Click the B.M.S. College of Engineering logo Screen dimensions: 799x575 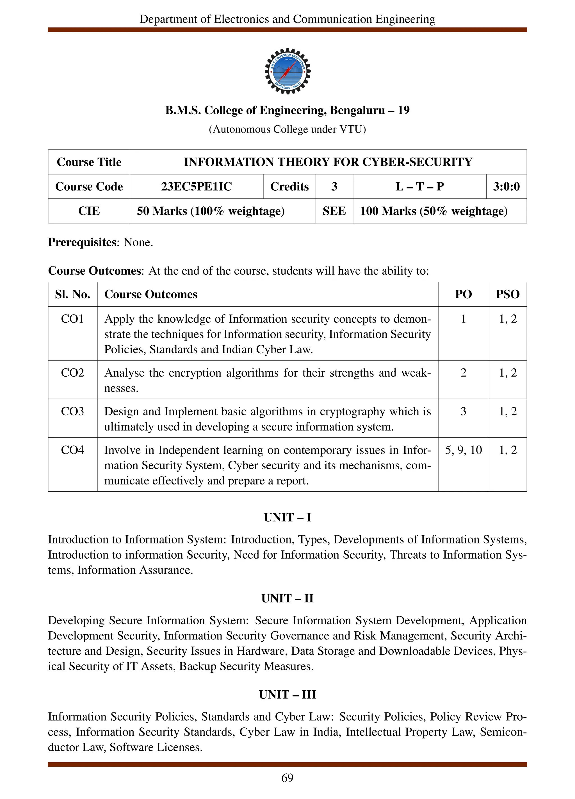click(287, 71)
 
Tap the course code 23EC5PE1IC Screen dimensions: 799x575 click(196, 186)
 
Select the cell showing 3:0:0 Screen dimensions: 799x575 click(506, 186)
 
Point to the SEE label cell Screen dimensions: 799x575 click(334, 211)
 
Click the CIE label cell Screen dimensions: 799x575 click(89, 211)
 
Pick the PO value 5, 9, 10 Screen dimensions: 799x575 click(463, 450)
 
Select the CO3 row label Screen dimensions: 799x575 click(72, 411)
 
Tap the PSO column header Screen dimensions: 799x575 click(507, 294)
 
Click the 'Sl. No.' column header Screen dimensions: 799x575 click(72, 294)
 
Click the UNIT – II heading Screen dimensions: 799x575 click(287, 598)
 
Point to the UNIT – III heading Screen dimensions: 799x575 click(287, 694)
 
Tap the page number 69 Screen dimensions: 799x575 click(287, 777)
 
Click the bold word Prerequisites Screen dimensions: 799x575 click(82, 242)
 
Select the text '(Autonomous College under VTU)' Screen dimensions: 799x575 click(287, 129)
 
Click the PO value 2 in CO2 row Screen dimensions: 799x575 click(463, 373)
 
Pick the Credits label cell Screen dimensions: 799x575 click(289, 186)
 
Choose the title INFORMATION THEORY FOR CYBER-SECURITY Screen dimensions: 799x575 click(328, 162)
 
